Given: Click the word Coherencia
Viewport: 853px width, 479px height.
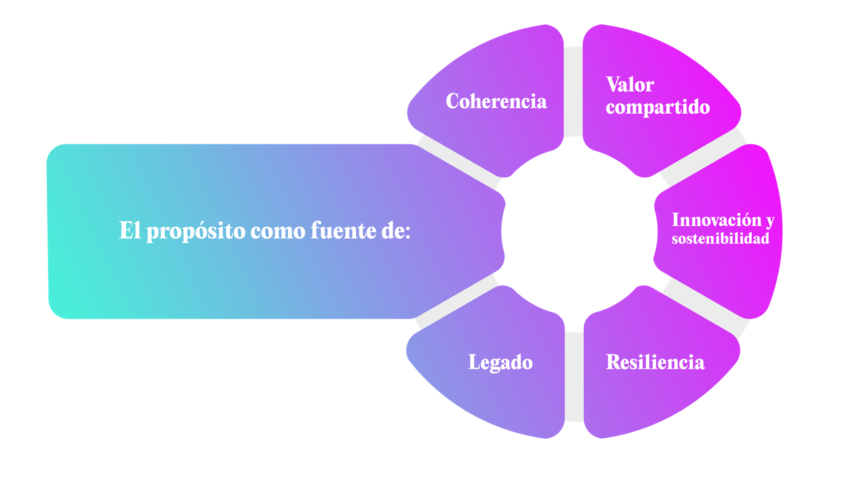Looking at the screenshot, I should [496, 101].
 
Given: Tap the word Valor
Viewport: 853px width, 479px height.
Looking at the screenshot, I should [630, 85].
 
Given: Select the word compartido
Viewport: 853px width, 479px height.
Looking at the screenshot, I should [657, 107].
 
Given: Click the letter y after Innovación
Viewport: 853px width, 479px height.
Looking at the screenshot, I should [770, 221].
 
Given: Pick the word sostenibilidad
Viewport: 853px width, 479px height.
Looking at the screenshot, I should [720, 239].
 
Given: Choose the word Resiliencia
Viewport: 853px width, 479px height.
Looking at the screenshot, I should [655, 362].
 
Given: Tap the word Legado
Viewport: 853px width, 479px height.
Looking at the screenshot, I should [500, 362].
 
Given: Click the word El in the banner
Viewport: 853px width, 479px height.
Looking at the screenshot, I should [129, 230].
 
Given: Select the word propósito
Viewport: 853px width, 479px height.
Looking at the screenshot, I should [196, 231].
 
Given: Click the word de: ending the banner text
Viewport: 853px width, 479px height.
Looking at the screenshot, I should [396, 230].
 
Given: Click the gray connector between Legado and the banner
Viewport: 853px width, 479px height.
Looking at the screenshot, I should [456, 303].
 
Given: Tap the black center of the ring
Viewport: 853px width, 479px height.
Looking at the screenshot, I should [578, 231].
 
